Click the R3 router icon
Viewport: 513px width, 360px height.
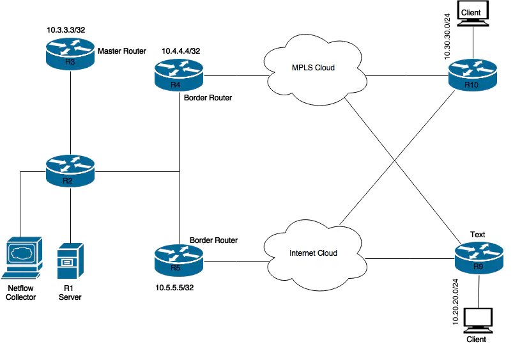tap(70, 54)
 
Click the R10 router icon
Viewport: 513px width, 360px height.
tap(471, 76)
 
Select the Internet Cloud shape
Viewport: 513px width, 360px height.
tap(313, 253)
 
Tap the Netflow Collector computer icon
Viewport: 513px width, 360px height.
tap(23, 259)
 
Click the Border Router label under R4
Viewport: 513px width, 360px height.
tap(208, 98)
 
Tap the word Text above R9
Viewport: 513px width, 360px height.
tap(477, 235)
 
